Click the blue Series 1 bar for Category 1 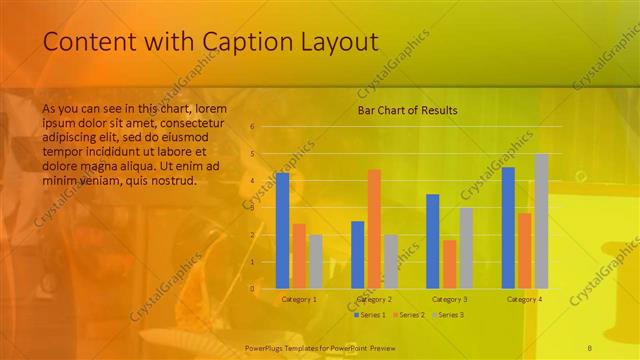click(282, 230)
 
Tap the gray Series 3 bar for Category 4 click(541, 221)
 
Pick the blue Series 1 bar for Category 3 click(433, 241)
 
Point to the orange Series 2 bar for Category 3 click(449, 264)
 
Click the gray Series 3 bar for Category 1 click(316, 261)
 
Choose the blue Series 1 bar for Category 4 click(508, 227)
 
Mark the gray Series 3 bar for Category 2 click(391, 261)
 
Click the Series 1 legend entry click(369, 314)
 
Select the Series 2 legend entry click(408, 314)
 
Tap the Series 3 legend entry click(446, 314)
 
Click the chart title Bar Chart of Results click(408, 110)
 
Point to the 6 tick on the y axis click(252, 127)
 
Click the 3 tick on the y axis click(252, 208)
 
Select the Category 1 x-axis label click(299, 299)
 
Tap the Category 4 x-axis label click(524, 299)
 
